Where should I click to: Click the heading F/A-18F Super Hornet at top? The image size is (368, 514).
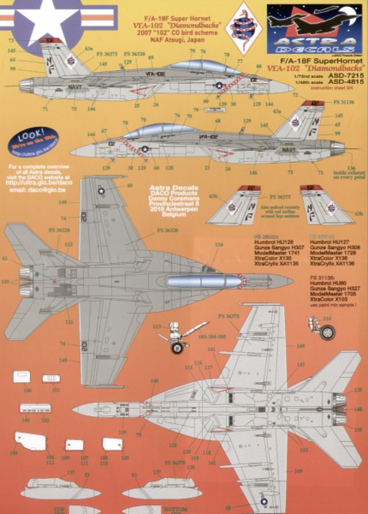point(174,11)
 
